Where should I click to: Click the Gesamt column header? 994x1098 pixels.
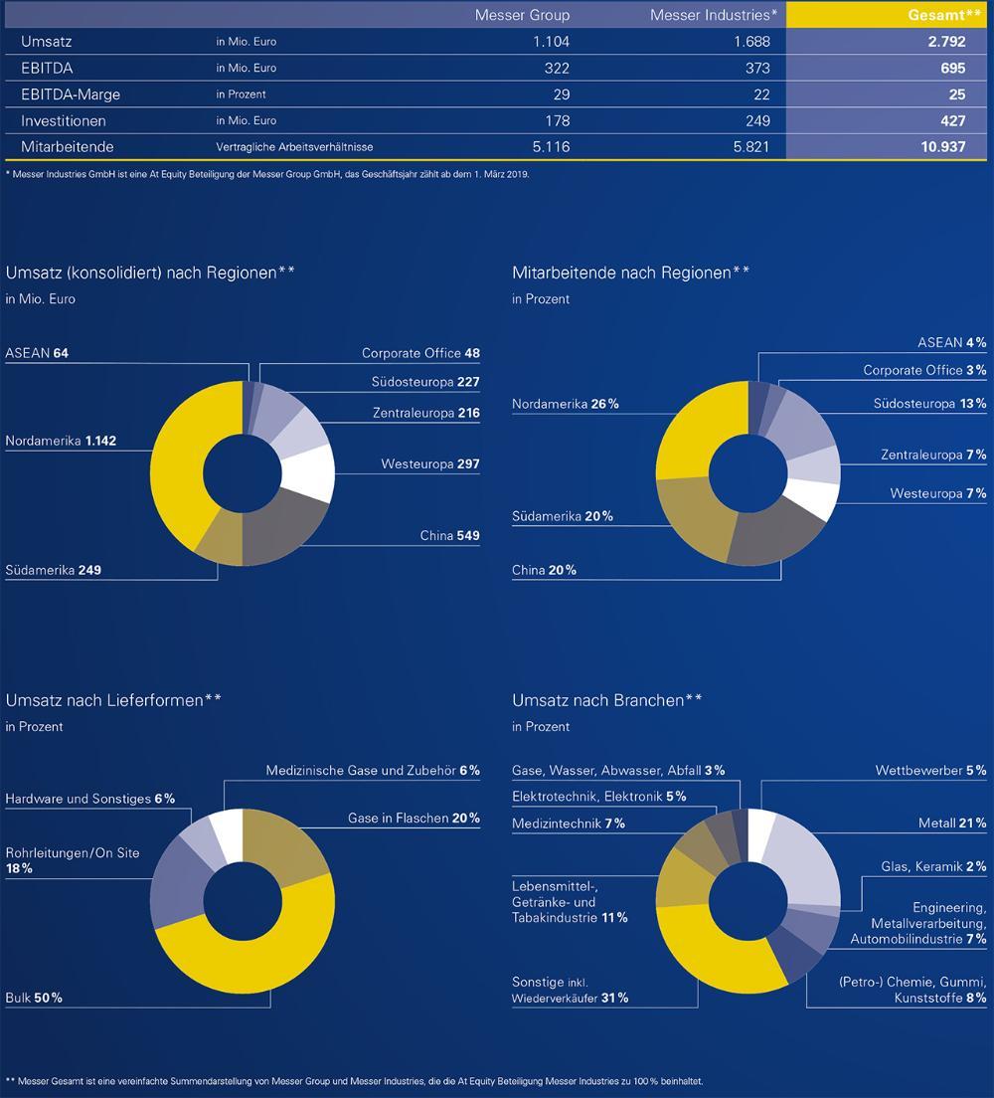pyautogui.click(x=944, y=15)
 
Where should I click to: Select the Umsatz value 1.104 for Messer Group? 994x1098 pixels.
pyautogui.click(x=548, y=42)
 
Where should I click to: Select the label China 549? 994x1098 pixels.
pyautogui.click(x=449, y=536)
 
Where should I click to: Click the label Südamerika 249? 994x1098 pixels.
pyautogui.click(x=54, y=570)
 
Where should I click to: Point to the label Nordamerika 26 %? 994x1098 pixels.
pyautogui.click(x=566, y=404)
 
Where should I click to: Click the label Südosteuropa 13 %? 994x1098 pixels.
pyautogui.click(x=929, y=403)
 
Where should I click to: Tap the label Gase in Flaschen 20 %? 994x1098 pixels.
pyautogui.click(x=414, y=818)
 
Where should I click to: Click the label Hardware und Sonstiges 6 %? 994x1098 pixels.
pyautogui.click(x=89, y=798)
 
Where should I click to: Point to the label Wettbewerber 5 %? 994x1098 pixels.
pyautogui.click(x=930, y=770)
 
